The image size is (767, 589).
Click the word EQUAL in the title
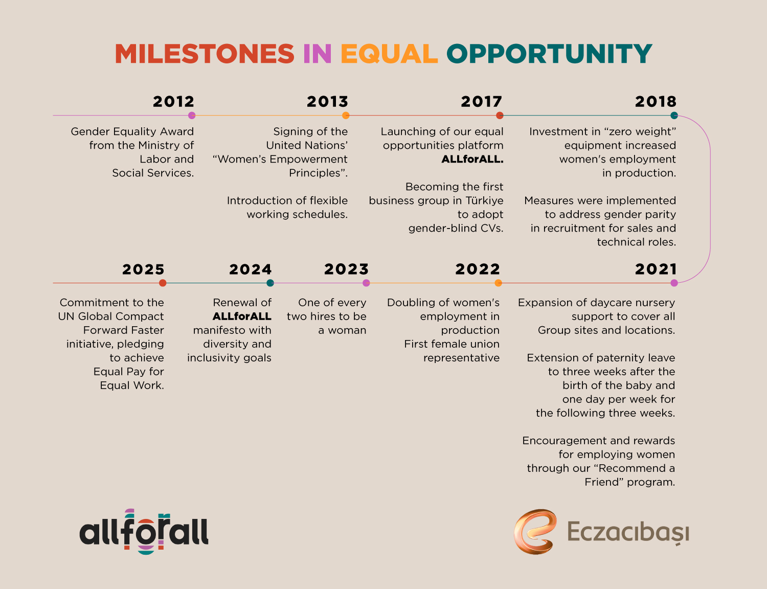(389, 54)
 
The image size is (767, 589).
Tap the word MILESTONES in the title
(205, 54)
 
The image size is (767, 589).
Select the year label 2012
(174, 101)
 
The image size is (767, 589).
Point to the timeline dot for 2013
(346, 116)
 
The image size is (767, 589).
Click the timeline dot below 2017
(500, 116)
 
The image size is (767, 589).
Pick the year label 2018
(656, 101)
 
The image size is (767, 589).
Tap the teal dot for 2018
(674, 116)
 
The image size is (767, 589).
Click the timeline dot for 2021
(674, 283)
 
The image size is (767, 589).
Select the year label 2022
(478, 269)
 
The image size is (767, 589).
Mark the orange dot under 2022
(499, 283)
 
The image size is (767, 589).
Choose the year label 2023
(346, 269)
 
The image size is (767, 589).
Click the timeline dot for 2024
(270, 283)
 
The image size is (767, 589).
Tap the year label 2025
(143, 269)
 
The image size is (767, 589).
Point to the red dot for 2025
(163, 283)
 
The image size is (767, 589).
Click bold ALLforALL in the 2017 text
(472, 159)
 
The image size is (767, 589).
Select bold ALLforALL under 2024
(242, 316)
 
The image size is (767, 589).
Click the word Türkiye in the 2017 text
(484, 200)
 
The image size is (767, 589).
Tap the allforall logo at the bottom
(144, 532)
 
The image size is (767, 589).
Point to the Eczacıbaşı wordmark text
(628, 532)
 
